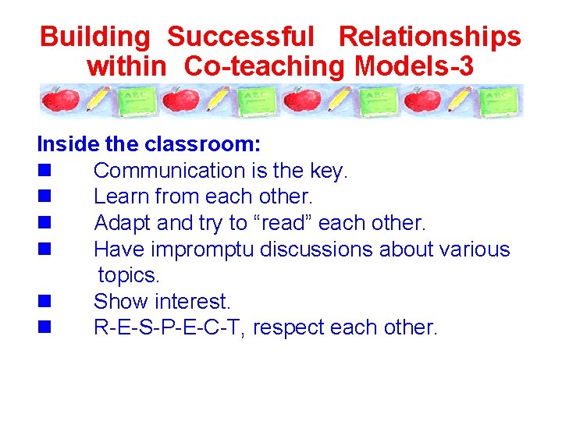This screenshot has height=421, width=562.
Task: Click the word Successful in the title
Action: click(x=240, y=37)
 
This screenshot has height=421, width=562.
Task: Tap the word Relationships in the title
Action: click(x=429, y=37)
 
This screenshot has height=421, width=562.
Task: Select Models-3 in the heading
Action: click(x=414, y=67)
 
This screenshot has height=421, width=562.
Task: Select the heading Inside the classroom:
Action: click(x=149, y=144)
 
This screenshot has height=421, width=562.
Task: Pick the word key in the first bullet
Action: click(x=328, y=170)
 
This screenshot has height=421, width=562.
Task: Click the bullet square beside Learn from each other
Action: click(x=44, y=197)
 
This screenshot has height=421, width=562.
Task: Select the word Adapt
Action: click(x=123, y=223)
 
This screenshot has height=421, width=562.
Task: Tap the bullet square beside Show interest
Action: click(x=44, y=302)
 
